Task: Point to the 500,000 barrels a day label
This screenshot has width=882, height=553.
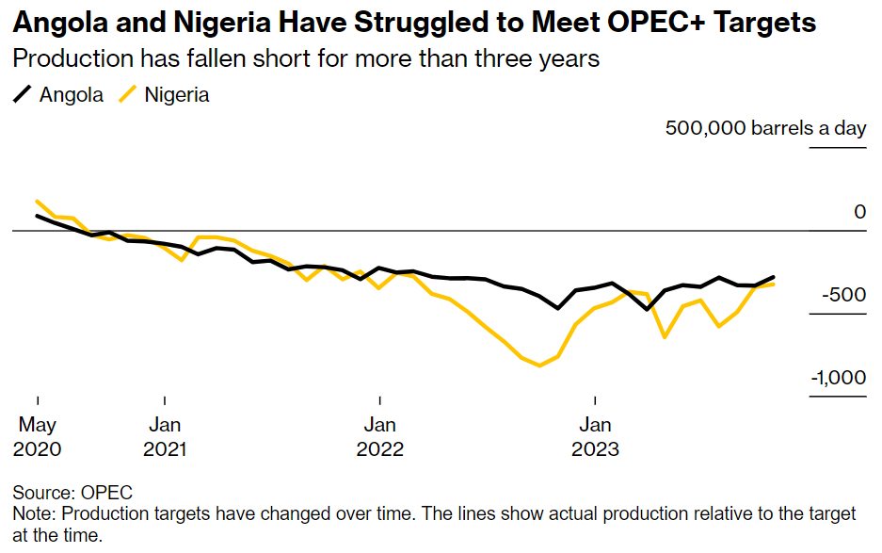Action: click(x=765, y=128)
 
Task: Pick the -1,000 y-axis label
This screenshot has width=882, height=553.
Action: click(x=837, y=378)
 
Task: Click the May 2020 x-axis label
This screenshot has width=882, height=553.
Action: click(x=38, y=436)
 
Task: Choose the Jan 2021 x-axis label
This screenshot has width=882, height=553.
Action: click(x=165, y=436)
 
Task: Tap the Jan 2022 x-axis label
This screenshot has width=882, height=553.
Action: click(x=380, y=436)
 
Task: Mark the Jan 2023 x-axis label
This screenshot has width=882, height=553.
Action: click(x=595, y=436)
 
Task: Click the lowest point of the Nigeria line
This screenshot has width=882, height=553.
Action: click(x=539, y=366)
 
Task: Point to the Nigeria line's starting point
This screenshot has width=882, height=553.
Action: click(x=37, y=201)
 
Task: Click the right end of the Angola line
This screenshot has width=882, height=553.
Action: click(x=774, y=277)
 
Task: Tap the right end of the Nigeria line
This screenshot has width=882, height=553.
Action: click(x=774, y=283)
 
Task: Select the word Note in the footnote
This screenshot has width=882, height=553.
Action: click(x=32, y=513)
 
